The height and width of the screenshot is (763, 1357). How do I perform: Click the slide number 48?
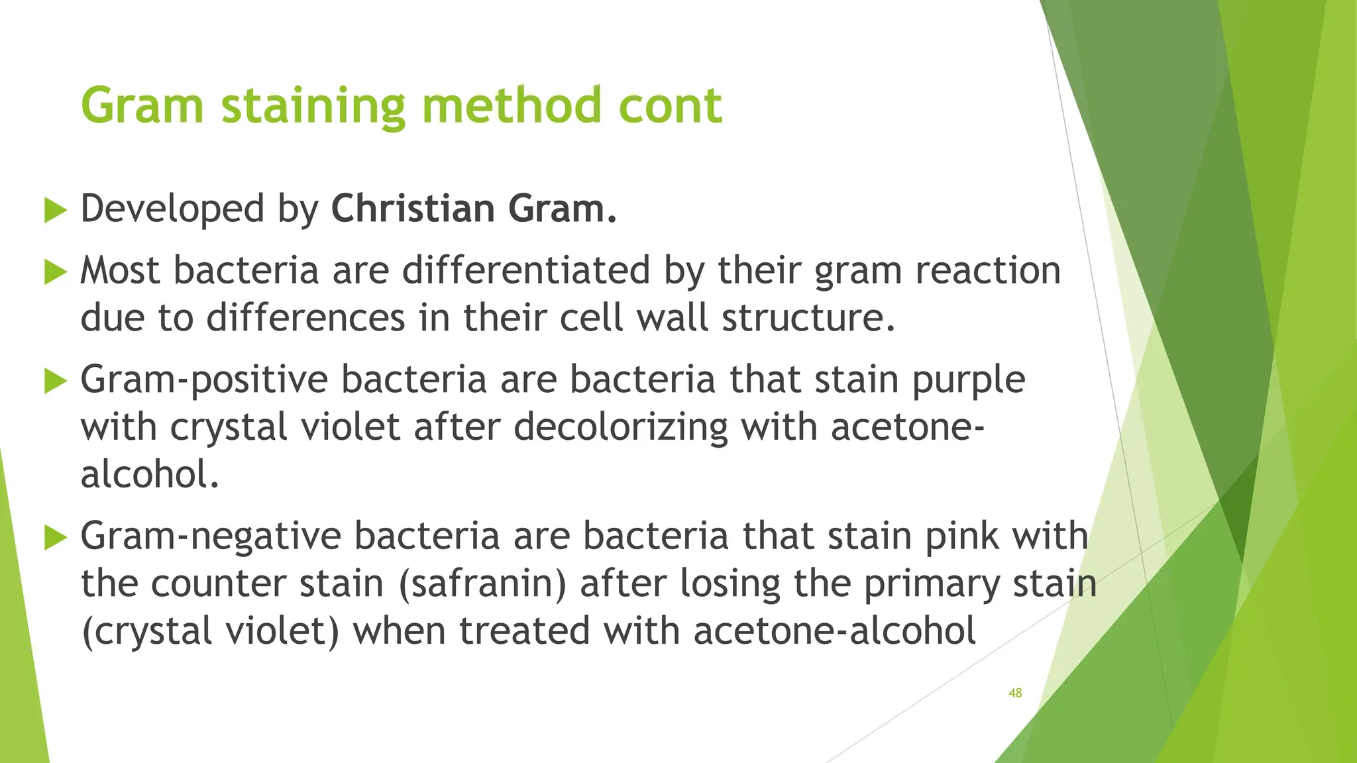click(1014, 693)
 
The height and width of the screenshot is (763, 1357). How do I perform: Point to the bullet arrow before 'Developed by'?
click(56, 211)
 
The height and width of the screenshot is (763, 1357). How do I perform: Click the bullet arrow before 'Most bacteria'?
click(56, 272)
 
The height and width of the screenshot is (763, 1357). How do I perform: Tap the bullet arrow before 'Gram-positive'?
click(56, 381)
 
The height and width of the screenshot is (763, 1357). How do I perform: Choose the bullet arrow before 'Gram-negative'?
click(56, 537)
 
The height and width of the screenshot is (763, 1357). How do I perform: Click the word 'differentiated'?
click(526, 270)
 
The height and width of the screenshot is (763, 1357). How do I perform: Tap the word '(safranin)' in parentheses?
click(482, 584)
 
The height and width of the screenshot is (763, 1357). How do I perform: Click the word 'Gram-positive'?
click(204, 380)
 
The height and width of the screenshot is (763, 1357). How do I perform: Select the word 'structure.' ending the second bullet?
click(808, 318)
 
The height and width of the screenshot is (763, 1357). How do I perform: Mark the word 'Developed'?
click(172, 209)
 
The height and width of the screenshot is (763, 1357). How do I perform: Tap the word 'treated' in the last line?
click(524, 631)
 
